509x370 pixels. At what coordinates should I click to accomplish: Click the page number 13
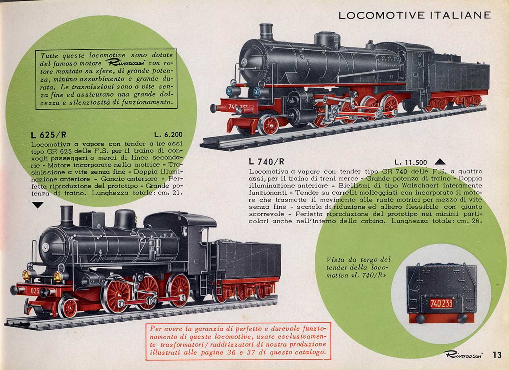tap(497, 355)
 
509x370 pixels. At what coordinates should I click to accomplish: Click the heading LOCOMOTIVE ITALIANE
tap(415, 15)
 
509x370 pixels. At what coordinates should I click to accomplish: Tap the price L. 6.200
tap(169, 135)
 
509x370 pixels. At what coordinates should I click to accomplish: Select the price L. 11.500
tap(410, 162)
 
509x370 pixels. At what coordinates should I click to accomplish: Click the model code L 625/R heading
tap(49, 135)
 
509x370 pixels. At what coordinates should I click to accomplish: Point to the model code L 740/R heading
tap(266, 162)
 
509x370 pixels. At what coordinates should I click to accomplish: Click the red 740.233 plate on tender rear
tap(441, 303)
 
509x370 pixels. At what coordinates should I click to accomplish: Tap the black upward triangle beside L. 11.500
tap(440, 162)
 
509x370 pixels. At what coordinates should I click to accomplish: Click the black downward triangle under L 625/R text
tap(38, 205)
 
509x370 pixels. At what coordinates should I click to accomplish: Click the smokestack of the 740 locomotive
tap(266, 32)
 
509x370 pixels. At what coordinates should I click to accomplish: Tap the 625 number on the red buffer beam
tap(35, 291)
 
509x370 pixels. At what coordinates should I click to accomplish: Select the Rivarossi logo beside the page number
tap(463, 355)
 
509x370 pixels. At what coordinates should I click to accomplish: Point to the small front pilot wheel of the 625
tap(68, 308)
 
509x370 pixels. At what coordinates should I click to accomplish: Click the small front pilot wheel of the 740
tap(269, 125)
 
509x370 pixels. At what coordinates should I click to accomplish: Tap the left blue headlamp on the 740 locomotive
tap(230, 91)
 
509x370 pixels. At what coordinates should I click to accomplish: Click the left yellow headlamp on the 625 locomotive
tap(26, 275)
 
